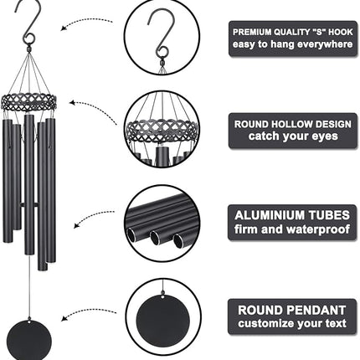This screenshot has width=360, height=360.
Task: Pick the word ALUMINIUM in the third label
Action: click(x=265, y=215)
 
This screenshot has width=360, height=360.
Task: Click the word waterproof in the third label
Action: click(x=318, y=229)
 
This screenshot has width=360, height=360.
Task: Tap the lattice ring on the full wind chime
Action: click(x=28, y=101)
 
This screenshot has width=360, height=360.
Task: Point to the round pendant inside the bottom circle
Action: click(x=162, y=319)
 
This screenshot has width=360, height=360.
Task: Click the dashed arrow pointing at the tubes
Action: click(x=92, y=215)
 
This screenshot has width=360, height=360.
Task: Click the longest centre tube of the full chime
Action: click(x=29, y=184)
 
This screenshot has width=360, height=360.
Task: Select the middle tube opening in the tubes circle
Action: click(x=155, y=238)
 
